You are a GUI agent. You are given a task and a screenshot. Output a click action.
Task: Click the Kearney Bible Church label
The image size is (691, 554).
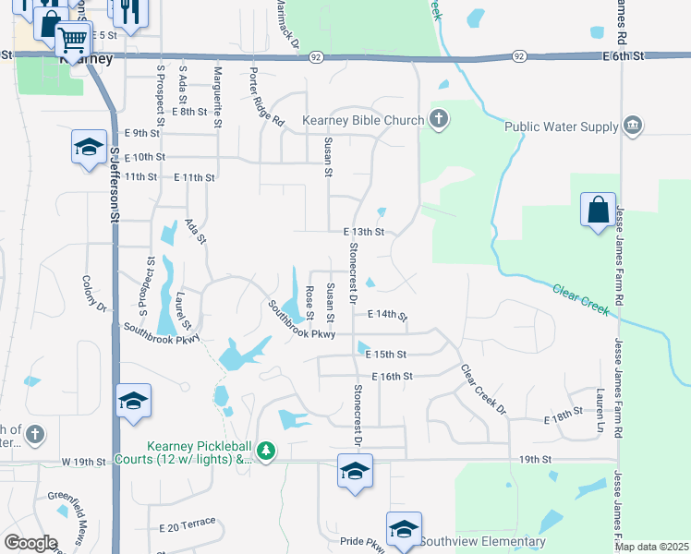tap(363, 120)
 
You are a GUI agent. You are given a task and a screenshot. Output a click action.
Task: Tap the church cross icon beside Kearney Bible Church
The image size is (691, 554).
tap(439, 119)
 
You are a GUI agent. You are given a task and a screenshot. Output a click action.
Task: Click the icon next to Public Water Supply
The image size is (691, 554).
tap(633, 126)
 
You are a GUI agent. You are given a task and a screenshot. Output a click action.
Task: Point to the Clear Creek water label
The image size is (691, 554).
tap(581, 300)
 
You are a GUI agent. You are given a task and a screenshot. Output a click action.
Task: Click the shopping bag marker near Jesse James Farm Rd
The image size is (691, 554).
tap(598, 210)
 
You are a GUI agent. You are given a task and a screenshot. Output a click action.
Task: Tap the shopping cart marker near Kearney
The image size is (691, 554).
tap(73, 39)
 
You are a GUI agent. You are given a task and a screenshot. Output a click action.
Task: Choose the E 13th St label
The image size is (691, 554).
tap(363, 232)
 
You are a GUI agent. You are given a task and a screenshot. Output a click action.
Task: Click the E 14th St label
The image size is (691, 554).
tap(387, 315)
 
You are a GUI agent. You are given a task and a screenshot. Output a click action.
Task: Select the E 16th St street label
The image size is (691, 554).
tap(392, 377)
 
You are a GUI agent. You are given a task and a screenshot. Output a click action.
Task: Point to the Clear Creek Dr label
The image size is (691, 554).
tap(483, 388)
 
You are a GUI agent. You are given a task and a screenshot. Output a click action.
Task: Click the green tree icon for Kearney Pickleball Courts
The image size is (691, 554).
tap(266, 451)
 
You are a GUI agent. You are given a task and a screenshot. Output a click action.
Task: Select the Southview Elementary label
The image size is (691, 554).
tap(483, 541)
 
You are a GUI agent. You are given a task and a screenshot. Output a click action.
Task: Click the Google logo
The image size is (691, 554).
tap(30, 543)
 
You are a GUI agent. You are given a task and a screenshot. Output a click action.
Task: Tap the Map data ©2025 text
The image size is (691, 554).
tap(651, 547)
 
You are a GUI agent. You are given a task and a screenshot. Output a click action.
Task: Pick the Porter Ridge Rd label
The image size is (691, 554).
tap(266, 95)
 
